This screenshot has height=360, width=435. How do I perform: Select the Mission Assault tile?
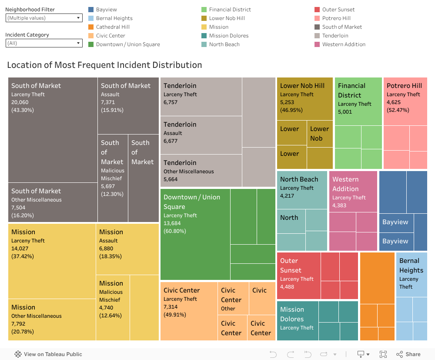(x=127, y=249)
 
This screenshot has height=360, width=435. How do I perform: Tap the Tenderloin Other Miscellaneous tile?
(x=201, y=170)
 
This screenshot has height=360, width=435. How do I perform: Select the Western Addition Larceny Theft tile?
(x=353, y=192)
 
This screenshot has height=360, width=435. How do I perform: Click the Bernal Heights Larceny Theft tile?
(x=411, y=274)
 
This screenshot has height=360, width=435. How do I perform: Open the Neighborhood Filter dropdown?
(x=44, y=18)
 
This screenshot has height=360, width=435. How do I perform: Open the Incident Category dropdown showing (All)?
(x=44, y=43)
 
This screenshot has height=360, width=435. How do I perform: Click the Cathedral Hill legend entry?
(x=113, y=27)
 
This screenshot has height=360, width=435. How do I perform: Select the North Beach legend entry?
(x=224, y=44)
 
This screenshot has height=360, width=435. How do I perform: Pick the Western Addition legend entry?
(x=344, y=44)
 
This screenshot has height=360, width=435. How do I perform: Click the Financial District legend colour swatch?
(x=204, y=10)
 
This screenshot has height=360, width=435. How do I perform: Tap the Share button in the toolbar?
(x=408, y=354)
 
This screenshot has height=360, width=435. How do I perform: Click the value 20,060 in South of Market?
(x=20, y=102)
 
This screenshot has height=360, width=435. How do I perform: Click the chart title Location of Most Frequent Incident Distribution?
(x=104, y=65)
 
